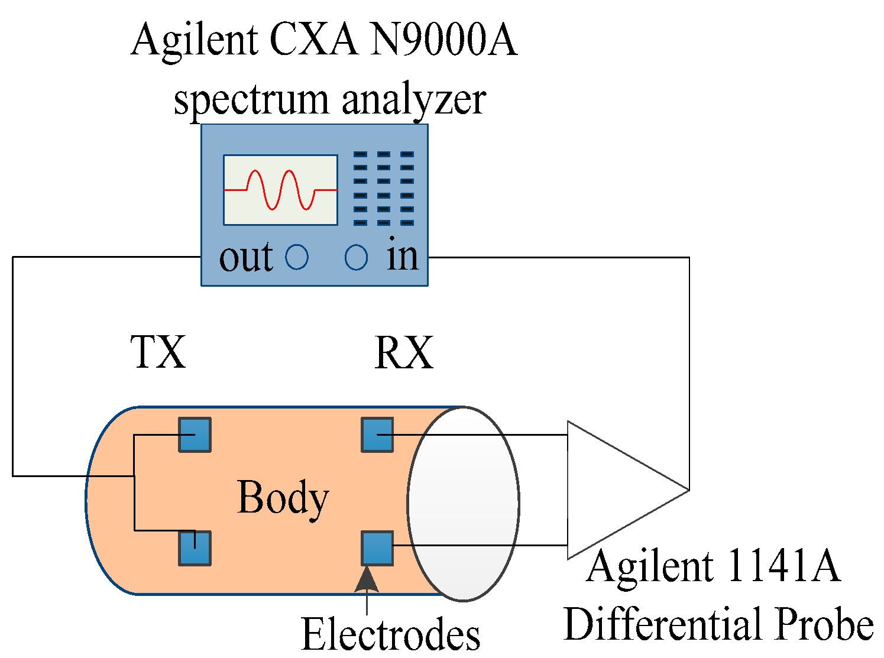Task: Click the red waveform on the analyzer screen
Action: [x=280, y=190]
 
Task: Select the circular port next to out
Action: [x=297, y=257]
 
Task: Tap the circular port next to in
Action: [x=356, y=257]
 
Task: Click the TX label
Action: [x=158, y=352]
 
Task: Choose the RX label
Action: [x=404, y=353]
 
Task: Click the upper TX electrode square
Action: [x=195, y=435]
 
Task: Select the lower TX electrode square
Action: [x=195, y=548]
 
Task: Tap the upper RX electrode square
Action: [x=377, y=435]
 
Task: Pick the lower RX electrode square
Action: [x=377, y=548]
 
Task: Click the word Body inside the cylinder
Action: [x=283, y=498]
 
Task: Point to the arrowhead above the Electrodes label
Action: [x=367, y=579]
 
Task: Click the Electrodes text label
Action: [x=390, y=634]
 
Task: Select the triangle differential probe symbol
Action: [x=615, y=490]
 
